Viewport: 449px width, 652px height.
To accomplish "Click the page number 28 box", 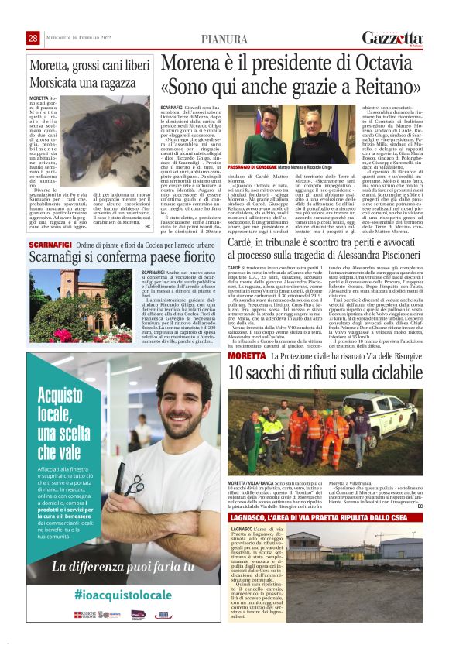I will click(x=33, y=39).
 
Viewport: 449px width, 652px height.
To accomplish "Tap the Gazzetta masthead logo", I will click(x=393, y=38).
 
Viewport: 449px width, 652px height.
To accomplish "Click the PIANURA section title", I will click(x=224, y=39).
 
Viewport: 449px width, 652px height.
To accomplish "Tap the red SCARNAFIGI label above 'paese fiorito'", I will click(x=48, y=245).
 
